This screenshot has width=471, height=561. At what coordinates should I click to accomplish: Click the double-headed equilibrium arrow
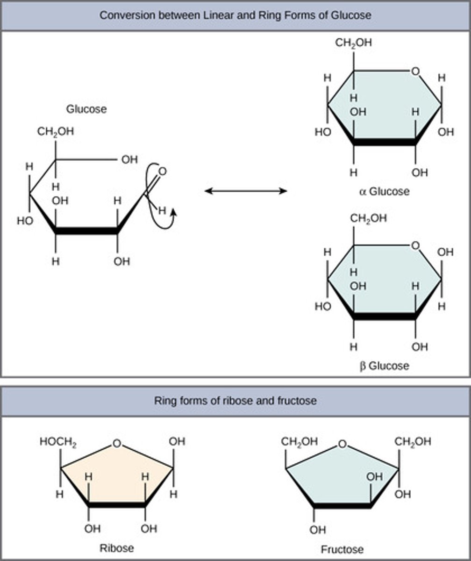[246, 191]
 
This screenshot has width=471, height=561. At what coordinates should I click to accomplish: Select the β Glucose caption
[385, 366]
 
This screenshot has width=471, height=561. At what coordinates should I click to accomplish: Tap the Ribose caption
[117, 547]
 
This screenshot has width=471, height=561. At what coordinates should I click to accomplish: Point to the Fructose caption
[342, 549]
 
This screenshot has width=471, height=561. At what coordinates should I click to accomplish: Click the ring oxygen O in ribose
[117, 443]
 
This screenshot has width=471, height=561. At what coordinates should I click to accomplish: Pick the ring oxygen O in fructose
[343, 443]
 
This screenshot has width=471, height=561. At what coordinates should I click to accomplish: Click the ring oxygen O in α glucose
[415, 71]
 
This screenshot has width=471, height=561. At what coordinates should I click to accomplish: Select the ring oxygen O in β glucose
[415, 245]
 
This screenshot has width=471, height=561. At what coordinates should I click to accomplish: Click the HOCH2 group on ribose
[58, 442]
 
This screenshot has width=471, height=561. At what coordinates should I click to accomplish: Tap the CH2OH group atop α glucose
[353, 43]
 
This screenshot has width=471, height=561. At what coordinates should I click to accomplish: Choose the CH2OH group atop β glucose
[369, 218]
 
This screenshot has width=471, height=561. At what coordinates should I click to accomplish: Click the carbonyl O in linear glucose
[162, 172]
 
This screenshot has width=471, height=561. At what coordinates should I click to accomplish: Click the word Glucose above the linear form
[86, 109]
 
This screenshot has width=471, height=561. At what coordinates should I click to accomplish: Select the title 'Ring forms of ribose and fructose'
[235, 401]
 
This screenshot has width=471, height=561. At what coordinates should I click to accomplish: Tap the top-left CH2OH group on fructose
[300, 442]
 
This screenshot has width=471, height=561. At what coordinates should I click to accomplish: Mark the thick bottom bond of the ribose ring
[117, 505]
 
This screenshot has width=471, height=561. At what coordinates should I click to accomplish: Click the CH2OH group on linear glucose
[56, 132]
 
